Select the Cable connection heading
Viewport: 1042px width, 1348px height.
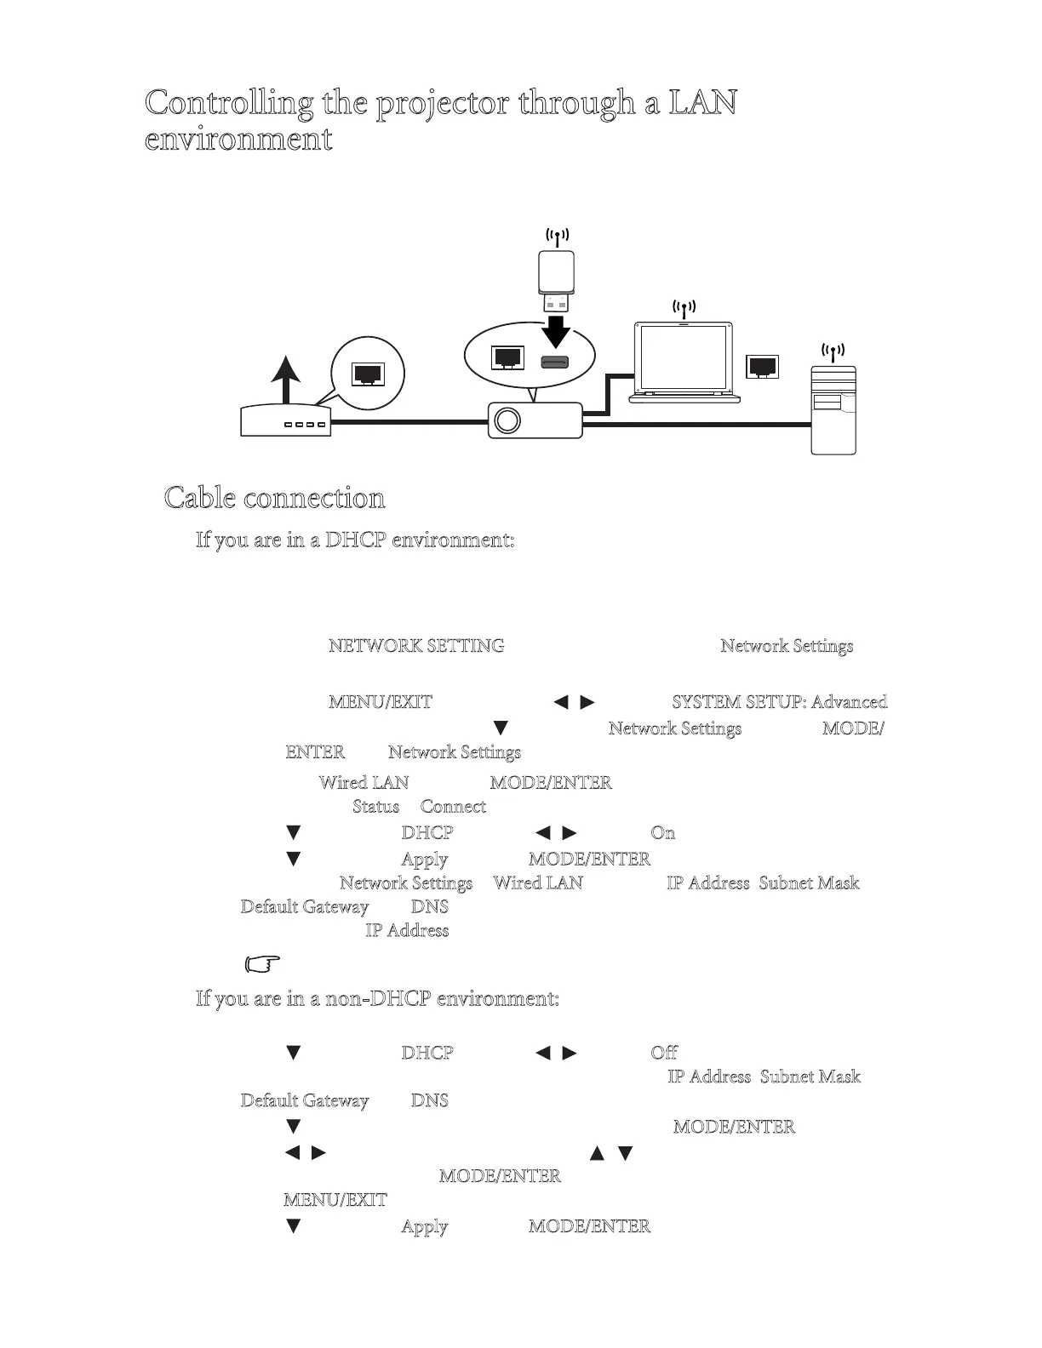tap(274, 497)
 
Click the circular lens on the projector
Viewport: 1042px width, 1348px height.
tap(508, 420)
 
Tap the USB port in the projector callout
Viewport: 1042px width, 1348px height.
tap(555, 361)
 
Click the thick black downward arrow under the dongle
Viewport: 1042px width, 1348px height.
tap(557, 330)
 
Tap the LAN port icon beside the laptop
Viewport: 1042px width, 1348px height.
tap(761, 366)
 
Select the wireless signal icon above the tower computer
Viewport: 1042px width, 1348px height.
tap(833, 350)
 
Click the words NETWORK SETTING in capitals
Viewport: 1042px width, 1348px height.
tap(416, 646)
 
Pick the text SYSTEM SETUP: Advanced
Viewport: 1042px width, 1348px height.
tap(779, 702)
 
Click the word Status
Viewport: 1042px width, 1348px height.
tap(375, 807)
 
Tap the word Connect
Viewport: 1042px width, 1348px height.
tap(453, 807)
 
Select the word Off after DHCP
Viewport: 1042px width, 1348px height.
tap(664, 1053)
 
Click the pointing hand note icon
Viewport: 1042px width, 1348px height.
tap(262, 964)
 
